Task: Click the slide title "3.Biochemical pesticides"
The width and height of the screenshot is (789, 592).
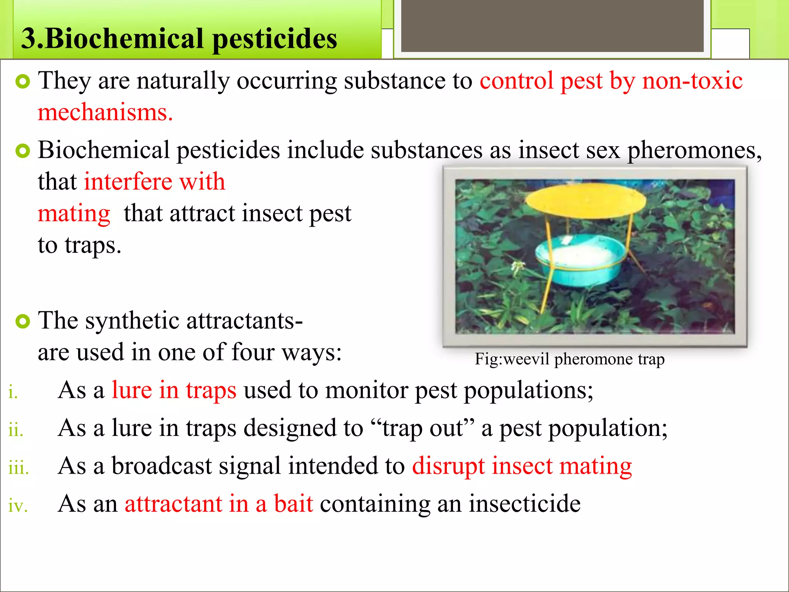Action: coord(179,39)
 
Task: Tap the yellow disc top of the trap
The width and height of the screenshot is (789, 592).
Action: coord(586,200)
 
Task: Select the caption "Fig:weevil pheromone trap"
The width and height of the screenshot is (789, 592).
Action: coord(569,359)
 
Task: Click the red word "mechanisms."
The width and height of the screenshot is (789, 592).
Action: coord(105,113)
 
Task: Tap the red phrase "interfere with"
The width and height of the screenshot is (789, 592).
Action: coord(154,182)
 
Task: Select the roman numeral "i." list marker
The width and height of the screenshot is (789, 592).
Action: coord(13,392)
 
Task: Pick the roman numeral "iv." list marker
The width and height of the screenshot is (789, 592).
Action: coord(18,506)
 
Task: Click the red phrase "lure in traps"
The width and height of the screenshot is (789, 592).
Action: coord(174,390)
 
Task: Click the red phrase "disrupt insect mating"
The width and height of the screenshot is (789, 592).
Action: coord(522,466)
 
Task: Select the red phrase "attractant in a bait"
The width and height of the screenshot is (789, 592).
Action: coord(219,503)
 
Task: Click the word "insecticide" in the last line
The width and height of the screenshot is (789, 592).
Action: coord(524,503)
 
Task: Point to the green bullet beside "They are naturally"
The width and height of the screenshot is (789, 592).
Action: coord(23,81)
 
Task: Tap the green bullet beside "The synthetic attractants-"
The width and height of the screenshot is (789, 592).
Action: coord(23,321)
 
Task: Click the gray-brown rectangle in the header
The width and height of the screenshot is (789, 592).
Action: coord(552,25)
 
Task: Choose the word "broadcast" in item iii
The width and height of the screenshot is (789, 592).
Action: coord(161,466)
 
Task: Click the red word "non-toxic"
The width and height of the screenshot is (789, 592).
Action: coord(692,81)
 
